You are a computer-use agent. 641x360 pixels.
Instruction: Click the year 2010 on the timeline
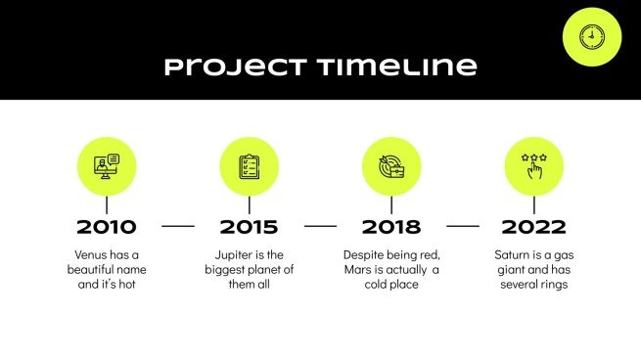(107, 227)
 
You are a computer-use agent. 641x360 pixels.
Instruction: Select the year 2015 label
(249, 227)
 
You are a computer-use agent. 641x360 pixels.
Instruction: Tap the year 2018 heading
(391, 227)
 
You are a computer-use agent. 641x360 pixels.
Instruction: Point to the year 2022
(533, 227)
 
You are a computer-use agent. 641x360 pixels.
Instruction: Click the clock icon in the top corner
(592, 37)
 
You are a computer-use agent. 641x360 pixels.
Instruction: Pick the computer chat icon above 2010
(107, 166)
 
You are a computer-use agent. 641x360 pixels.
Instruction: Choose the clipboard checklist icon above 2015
(249, 166)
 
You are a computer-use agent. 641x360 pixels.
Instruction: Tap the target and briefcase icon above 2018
(391, 166)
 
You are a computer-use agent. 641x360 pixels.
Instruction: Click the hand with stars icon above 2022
(533, 166)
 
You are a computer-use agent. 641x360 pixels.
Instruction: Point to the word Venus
(84, 253)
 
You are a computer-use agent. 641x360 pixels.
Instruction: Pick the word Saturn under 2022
(513, 253)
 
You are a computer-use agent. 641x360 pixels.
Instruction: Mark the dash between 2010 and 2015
(178, 226)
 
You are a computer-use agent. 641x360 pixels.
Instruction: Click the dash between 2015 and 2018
(320, 226)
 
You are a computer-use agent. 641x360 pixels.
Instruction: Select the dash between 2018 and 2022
(463, 226)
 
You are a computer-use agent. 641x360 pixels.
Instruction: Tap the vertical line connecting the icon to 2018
(391, 205)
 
